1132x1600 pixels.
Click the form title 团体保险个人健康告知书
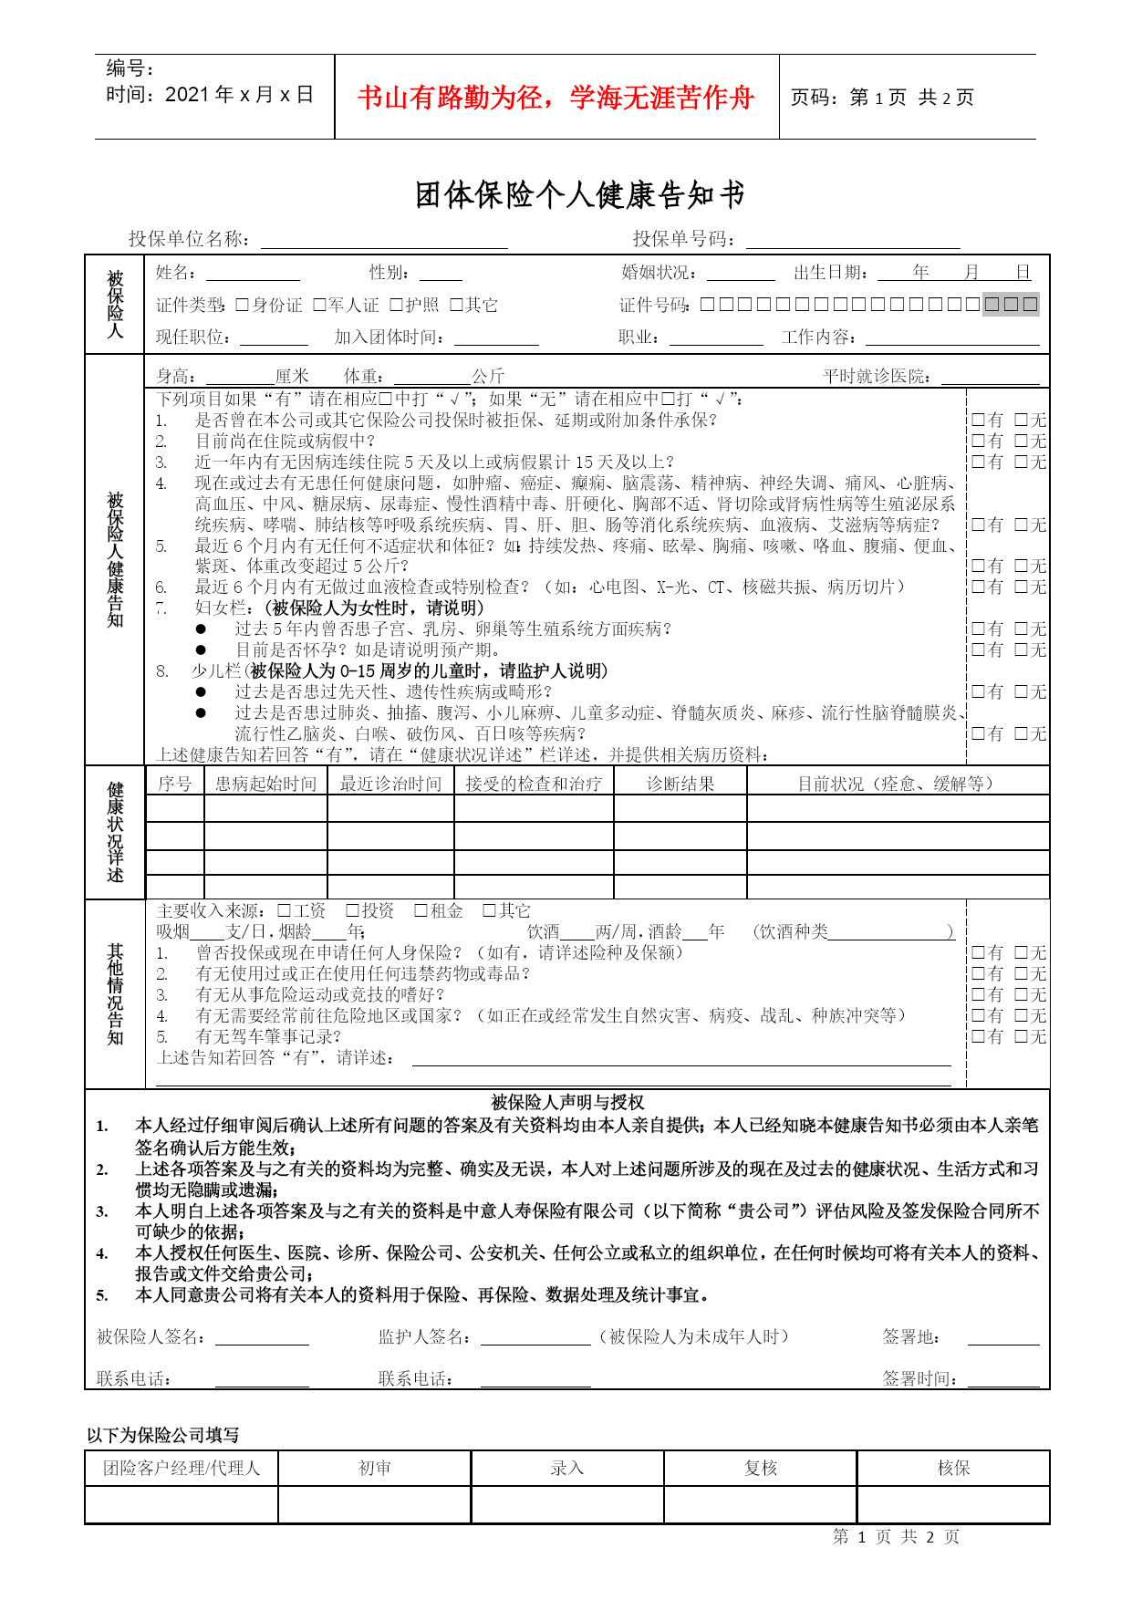click(580, 194)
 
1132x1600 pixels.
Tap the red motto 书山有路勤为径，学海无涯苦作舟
click(556, 98)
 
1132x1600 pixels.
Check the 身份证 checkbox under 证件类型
click(242, 305)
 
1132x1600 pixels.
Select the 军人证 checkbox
click(319, 305)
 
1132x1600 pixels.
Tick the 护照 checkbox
click(396, 305)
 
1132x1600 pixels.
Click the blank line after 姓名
click(253, 274)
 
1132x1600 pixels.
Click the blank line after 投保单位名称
click(383, 240)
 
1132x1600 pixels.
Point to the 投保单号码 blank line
click(852, 240)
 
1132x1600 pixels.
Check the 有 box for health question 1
click(978, 420)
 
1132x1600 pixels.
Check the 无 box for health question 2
click(1022, 441)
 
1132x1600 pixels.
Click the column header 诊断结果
click(680, 784)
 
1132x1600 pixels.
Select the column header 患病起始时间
click(265, 784)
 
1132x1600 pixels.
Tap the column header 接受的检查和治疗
click(534, 784)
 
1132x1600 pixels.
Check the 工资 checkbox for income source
click(284, 910)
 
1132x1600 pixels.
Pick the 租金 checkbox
click(421, 910)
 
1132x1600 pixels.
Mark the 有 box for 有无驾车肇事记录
click(978, 1036)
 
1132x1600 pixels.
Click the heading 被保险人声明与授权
click(567, 1102)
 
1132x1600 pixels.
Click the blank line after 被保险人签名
click(262, 1337)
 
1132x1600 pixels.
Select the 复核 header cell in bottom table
click(760, 1468)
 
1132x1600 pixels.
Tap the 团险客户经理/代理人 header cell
click(182, 1468)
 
